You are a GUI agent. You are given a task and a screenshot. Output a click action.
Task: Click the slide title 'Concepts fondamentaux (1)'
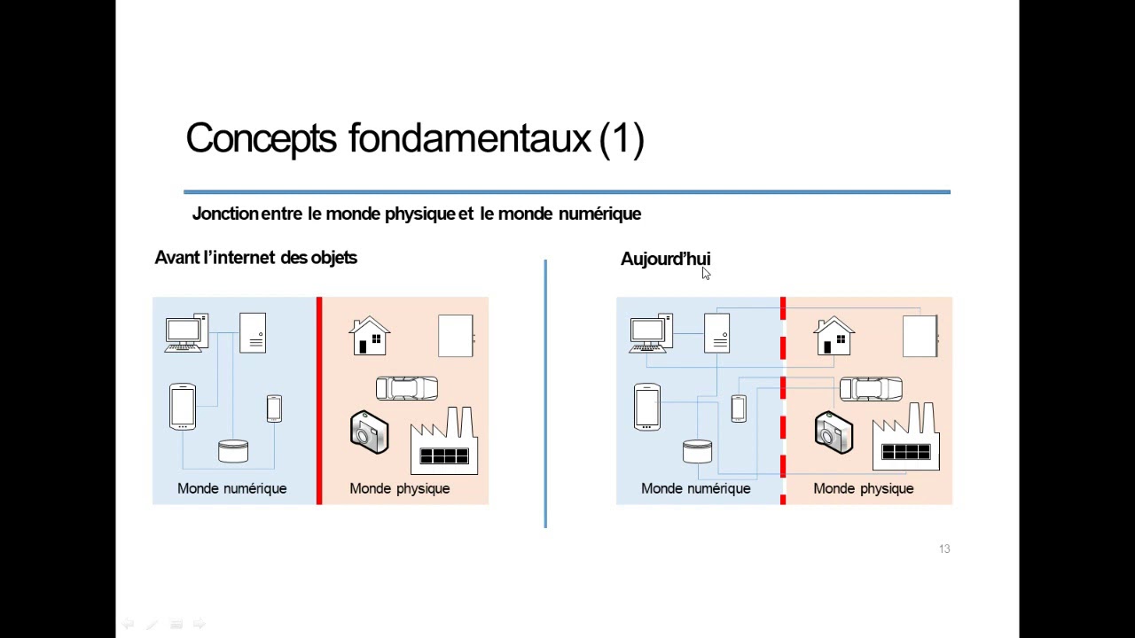coord(414,139)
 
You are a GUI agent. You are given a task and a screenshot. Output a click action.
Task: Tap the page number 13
coord(944,549)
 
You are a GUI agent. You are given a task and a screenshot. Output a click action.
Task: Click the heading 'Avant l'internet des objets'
coord(255,258)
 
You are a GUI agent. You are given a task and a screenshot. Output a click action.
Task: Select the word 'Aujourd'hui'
coord(665,259)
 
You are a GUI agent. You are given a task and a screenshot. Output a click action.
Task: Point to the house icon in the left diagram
coord(370,336)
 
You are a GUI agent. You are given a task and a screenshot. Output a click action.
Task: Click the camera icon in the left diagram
coord(369,432)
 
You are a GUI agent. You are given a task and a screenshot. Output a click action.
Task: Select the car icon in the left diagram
coord(407,388)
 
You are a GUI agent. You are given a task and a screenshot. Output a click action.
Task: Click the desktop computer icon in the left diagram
coord(185,333)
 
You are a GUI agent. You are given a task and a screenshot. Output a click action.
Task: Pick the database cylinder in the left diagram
coord(233,451)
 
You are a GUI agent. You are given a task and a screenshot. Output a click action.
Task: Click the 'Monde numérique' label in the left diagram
coord(231,488)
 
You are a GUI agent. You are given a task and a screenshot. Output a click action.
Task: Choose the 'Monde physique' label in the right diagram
coord(863,488)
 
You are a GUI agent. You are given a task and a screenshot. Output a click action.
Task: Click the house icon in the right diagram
coord(834,336)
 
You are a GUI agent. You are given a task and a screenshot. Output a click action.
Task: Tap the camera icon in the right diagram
coord(834,432)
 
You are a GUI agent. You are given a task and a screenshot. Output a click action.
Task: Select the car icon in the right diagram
coord(871,388)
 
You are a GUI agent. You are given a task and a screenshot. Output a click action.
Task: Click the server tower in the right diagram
coord(716,333)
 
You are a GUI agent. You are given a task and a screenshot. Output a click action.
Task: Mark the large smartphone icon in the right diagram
coord(646,407)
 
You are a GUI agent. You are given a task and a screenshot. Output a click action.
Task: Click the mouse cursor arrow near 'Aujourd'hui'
coord(706,274)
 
